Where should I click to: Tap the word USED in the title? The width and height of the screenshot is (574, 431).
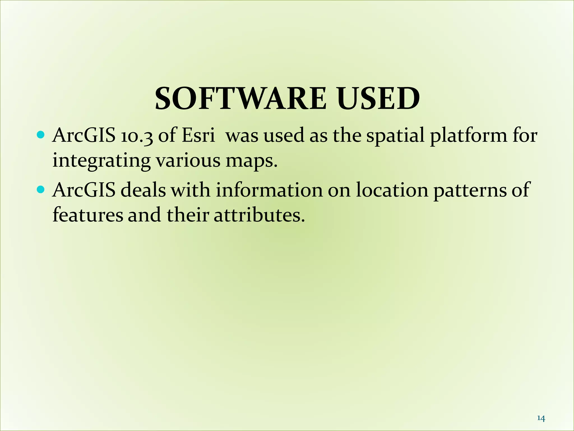click(378, 98)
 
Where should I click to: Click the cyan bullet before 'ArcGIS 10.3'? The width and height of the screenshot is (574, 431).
click(41, 135)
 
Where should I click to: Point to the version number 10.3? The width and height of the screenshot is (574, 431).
click(137, 136)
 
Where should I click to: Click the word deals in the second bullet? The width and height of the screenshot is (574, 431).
click(143, 190)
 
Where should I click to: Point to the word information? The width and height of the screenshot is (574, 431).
click(269, 190)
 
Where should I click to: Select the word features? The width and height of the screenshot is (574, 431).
click(88, 215)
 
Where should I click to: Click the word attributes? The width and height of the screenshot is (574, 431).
click(259, 215)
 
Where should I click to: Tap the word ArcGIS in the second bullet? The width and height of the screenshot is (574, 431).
click(84, 190)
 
